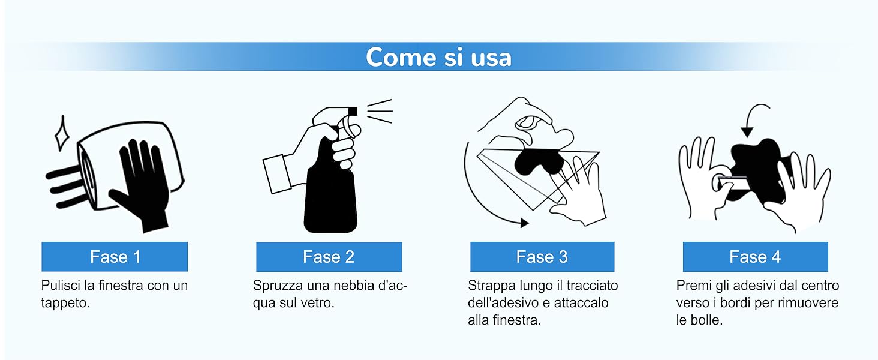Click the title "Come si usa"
(x=438, y=57)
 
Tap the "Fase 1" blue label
(x=115, y=256)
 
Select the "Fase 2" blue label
(x=329, y=256)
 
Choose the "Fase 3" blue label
(x=542, y=256)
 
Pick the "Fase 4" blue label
(x=755, y=256)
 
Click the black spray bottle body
(x=330, y=188)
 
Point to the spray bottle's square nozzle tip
(x=353, y=112)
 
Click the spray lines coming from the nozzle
(x=380, y=111)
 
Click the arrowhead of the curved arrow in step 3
(x=524, y=223)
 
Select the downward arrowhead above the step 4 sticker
(x=747, y=132)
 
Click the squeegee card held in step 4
(x=733, y=183)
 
